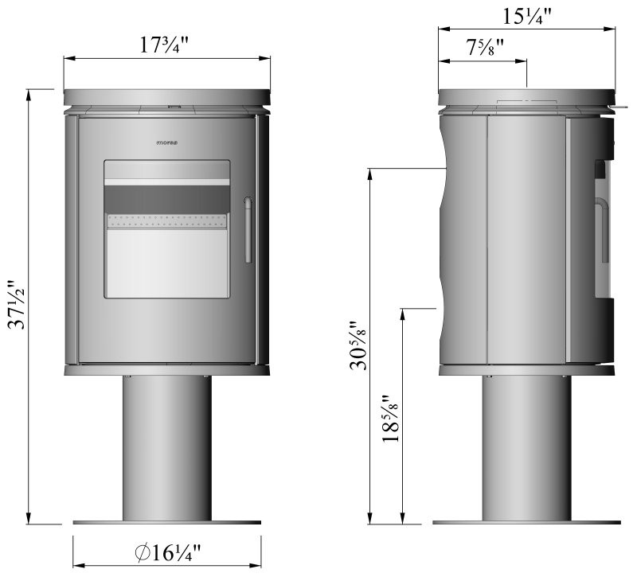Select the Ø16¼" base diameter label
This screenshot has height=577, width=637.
click(x=168, y=552)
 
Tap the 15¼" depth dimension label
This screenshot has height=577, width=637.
click(x=526, y=16)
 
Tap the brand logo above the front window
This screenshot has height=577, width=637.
click(x=166, y=144)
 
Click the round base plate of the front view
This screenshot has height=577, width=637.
click(x=167, y=523)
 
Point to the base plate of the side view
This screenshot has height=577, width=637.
click(x=526, y=523)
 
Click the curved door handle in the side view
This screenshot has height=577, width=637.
click(x=598, y=231)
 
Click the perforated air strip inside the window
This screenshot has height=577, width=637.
click(x=167, y=221)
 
